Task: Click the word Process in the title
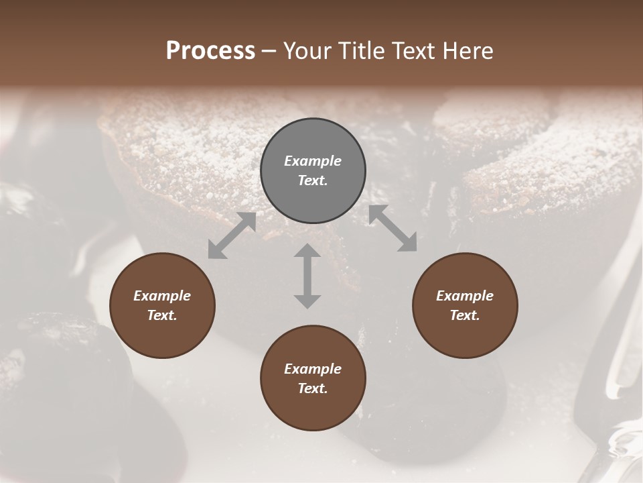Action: click(x=210, y=51)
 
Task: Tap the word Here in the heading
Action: click(x=466, y=51)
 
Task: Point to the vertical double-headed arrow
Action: click(x=307, y=276)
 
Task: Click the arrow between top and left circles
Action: click(x=232, y=235)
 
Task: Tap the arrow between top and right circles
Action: click(x=393, y=228)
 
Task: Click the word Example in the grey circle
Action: click(x=313, y=161)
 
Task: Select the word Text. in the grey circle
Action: click(x=313, y=180)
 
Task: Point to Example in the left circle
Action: click(x=162, y=296)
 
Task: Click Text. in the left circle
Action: click(x=162, y=315)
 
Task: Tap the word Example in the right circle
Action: click(x=465, y=296)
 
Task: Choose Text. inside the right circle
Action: click(x=465, y=315)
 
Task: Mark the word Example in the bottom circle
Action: click(x=313, y=369)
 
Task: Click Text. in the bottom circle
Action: click(x=313, y=388)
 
